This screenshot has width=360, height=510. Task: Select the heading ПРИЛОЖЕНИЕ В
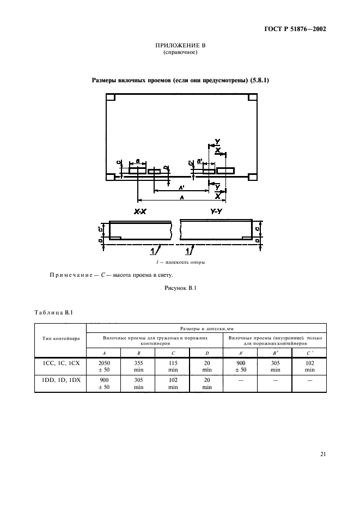(179, 46)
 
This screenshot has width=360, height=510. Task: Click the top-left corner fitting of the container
(110, 98)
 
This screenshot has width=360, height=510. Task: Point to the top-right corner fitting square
(252, 98)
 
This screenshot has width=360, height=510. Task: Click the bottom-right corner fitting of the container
(252, 177)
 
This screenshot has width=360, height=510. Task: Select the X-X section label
(140, 211)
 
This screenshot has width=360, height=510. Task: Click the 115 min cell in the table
(173, 366)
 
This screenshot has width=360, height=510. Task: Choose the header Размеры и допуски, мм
(206, 329)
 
